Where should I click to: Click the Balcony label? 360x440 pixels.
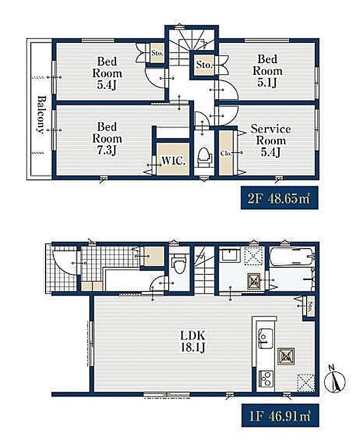(41, 114)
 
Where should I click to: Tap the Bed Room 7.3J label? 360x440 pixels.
(107, 139)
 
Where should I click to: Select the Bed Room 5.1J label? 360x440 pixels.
(268, 71)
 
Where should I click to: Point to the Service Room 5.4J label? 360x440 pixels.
(270, 140)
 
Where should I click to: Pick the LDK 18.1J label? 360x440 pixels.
(193, 342)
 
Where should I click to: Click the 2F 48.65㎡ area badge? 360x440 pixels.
(279, 198)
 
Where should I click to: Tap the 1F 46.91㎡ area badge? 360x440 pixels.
(280, 416)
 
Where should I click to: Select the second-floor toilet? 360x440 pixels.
(204, 157)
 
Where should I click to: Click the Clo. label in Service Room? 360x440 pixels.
(225, 153)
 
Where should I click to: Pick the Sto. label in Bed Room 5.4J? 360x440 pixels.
(157, 52)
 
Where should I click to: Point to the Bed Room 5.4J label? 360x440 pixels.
(107, 73)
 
